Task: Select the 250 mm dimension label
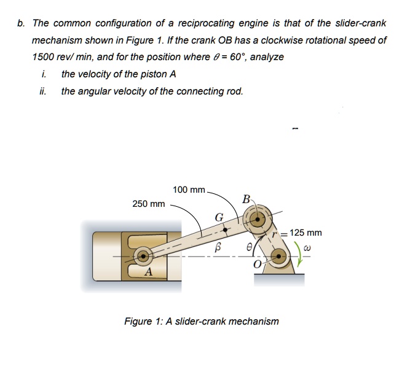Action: [148, 204]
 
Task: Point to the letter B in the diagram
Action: [246, 199]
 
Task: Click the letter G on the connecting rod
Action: [219, 217]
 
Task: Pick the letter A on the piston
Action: [148, 272]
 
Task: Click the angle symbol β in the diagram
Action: [216, 247]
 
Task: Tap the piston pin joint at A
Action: [143, 255]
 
